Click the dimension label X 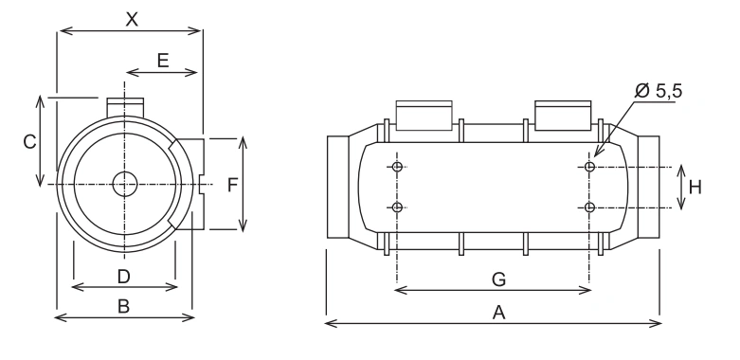click(x=132, y=19)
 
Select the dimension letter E click(x=163, y=61)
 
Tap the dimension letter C click(x=29, y=141)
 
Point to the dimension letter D click(x=123, y=277)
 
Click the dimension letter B click(x=123, y=307)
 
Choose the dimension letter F click(x=232, y=185)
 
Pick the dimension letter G click(x=498, y=279)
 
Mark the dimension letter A click(x=498, y=313)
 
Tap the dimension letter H click(x=695, y=188)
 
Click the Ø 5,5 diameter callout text click(x=659, y=90)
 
